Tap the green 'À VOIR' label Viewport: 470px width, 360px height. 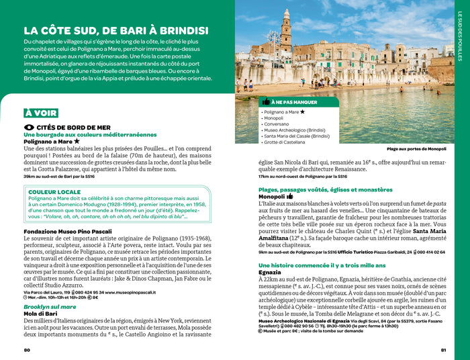pyautogui.click(x=40, y=113)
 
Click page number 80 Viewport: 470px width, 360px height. pyautogui.click(x=27, y=349)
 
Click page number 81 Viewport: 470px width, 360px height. pyautogui.click(x=443, y=349)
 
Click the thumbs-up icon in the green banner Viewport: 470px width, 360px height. pyautogui.click(x=266, y=101)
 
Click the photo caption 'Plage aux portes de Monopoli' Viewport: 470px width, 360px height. pyautogui.click(x=416, y=148)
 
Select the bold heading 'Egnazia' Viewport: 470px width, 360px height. pyautogui.click(x=270, y=272)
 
